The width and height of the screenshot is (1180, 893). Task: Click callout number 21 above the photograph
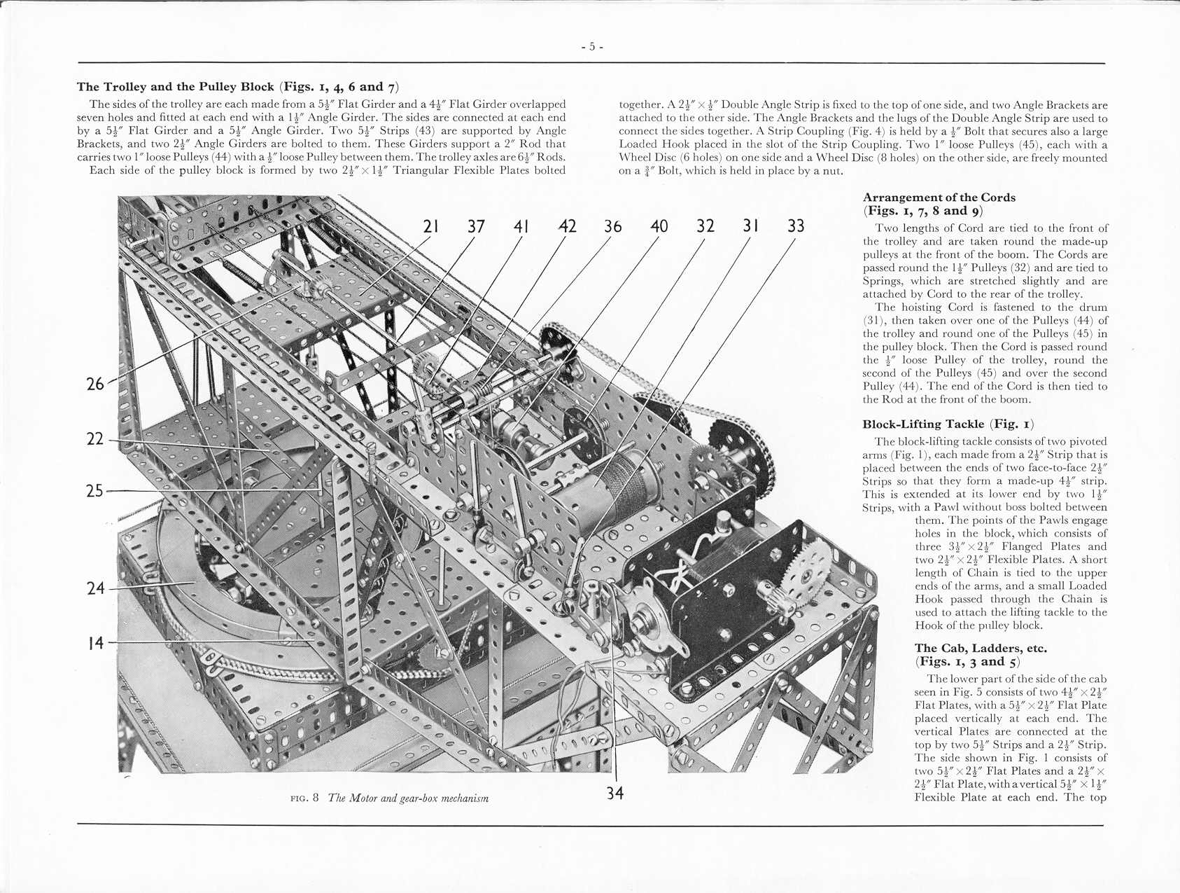click(x=431, y=226)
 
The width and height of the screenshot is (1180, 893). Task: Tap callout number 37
click(x=476, y=226)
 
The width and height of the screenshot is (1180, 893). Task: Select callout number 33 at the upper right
click(x=796, y=226)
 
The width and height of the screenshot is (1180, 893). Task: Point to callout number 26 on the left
click(x=95, y=384)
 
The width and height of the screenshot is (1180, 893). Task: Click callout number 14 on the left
click(x=95, y=643)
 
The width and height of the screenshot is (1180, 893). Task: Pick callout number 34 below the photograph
click(x=614, y=794)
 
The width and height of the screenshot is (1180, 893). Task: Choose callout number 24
click(x=95, y=588)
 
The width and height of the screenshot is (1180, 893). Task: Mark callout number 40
click(x=659, y=226)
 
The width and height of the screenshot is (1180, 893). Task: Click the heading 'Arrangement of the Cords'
click(x=939, y=198)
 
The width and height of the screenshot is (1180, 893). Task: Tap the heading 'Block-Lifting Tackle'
click(x=923, y=424)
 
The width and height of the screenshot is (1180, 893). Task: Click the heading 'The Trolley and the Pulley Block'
click(x=175, y=87)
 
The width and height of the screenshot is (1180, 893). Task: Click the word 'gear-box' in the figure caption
click(x=419, y=798)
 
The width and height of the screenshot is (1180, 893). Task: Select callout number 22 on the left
click(x=95, y=439)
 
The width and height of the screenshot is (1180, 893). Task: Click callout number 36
click(x=612, y=226)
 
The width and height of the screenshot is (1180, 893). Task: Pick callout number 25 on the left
click(x=95, y=491)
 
